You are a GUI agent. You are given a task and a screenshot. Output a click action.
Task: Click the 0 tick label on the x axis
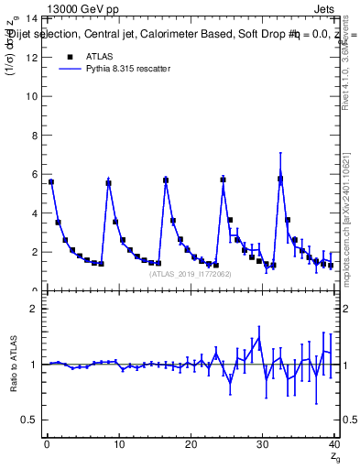point(47,445)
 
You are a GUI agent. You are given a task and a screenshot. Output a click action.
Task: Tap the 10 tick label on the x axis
point(118,445)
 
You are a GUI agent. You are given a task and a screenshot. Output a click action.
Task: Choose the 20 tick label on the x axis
point(191,445)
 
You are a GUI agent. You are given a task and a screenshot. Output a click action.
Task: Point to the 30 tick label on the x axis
point(263,445)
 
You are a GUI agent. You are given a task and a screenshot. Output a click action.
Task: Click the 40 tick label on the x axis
point(334,445)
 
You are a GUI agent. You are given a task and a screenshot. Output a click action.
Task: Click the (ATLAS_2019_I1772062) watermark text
point(191,274)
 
